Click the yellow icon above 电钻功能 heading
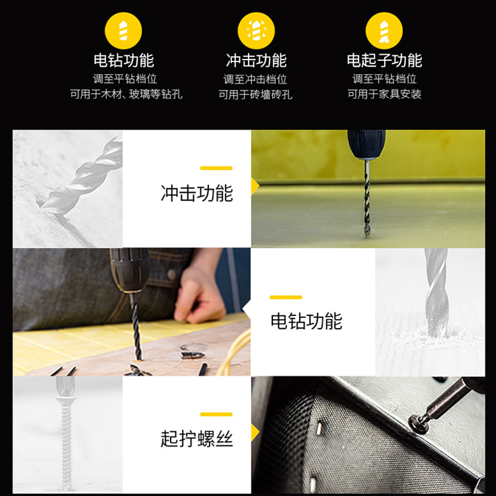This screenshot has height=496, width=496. point(124,30)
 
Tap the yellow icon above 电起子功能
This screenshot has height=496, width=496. point(384,30)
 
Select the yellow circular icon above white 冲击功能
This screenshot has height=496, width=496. point(256,30)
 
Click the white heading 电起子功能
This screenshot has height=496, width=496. point(384,60)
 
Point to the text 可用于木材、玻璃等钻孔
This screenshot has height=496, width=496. point(126,94)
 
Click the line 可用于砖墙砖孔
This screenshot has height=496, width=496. point(255,95)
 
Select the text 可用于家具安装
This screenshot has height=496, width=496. point(384,94)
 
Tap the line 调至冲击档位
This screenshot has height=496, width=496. point(255,79)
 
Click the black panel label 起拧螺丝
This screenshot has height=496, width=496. point(197,438)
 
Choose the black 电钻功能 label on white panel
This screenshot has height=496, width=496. point(306,321)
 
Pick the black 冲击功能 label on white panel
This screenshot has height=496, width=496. point(197,193)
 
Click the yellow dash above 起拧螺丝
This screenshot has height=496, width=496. point(216,414)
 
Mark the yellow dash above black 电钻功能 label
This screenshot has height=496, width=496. point(286,297)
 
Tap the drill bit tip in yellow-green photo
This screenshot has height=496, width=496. point(366,234)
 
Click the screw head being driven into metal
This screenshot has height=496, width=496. point(418,424)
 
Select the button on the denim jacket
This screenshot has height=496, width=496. point(172,274)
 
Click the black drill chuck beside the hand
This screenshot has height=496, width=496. point(130,270)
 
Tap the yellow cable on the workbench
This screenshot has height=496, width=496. point(234,351)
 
